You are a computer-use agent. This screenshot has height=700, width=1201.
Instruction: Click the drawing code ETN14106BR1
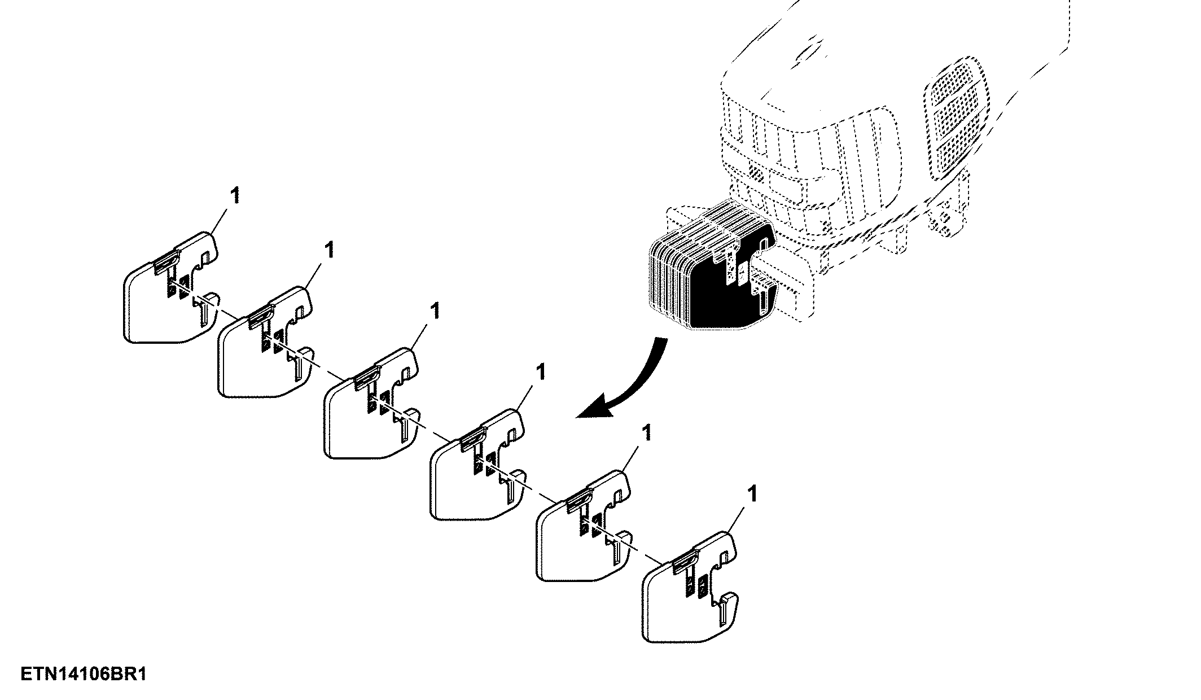point(84,675)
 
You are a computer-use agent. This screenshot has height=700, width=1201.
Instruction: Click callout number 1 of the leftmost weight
point(235,195)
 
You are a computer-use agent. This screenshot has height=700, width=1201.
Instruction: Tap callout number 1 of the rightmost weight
point(751,494)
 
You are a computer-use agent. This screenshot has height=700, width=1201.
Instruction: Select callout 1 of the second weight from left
point(329,250)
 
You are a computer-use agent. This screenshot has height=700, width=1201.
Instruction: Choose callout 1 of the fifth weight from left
point(646,433)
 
